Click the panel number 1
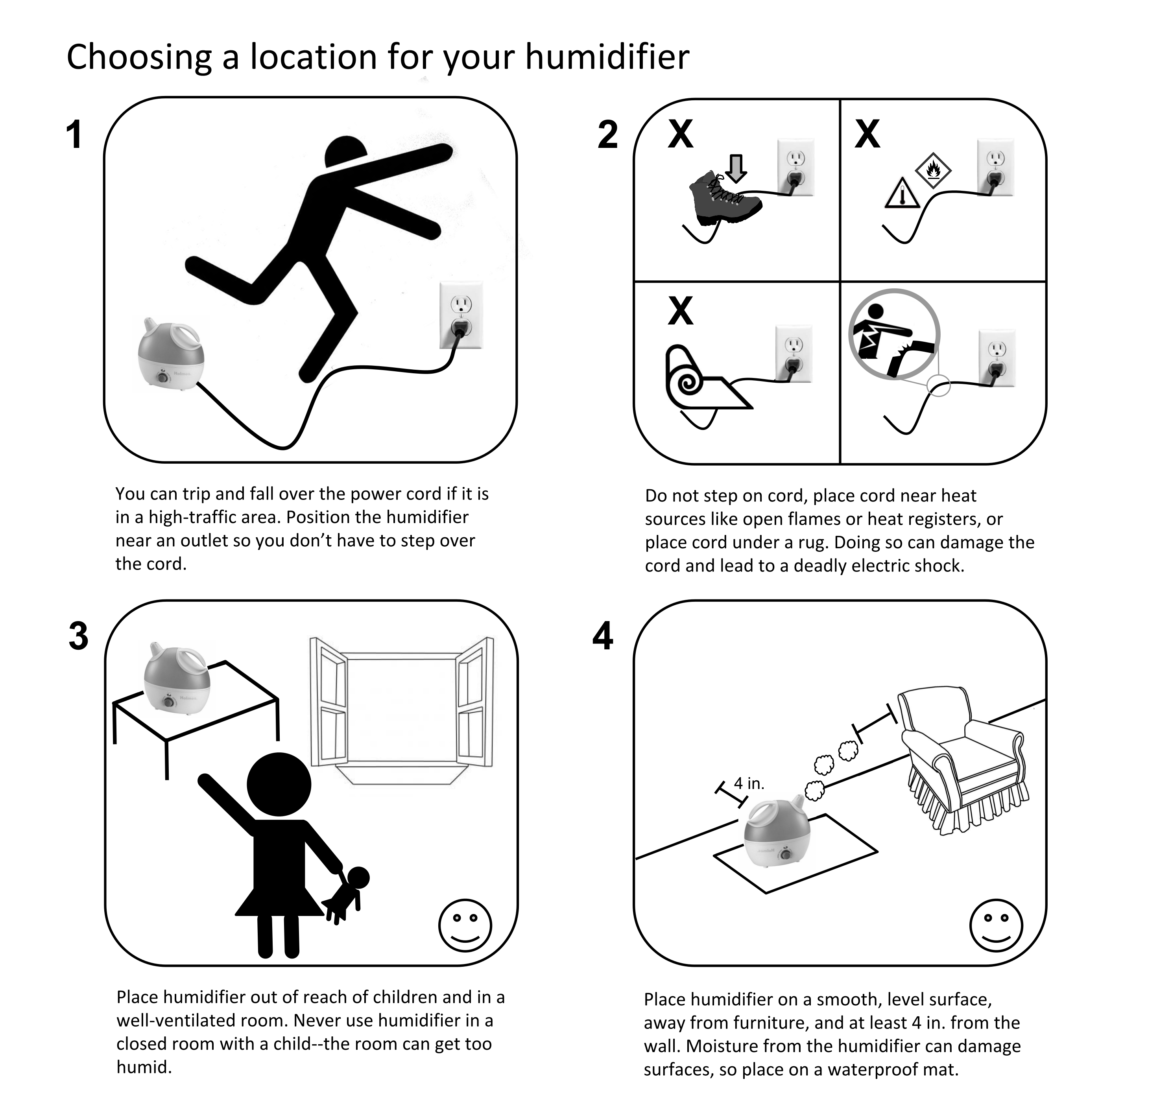(74, 135)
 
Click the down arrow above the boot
(736, 168)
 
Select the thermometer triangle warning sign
(902, 193)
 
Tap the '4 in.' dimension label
(749, 783)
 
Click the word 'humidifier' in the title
(607, 57)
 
